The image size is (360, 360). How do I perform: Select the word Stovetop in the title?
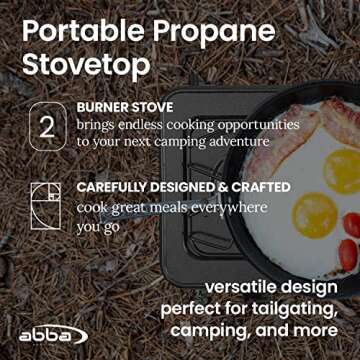pos(82,65)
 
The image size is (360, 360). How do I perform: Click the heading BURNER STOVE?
pos(124,106)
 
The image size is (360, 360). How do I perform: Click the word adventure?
pos(238,141)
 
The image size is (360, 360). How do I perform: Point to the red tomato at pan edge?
pos(350,226)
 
